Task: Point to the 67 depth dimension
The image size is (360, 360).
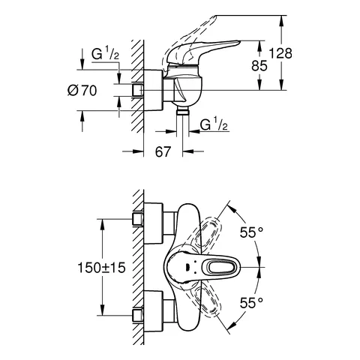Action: (163, 151)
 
